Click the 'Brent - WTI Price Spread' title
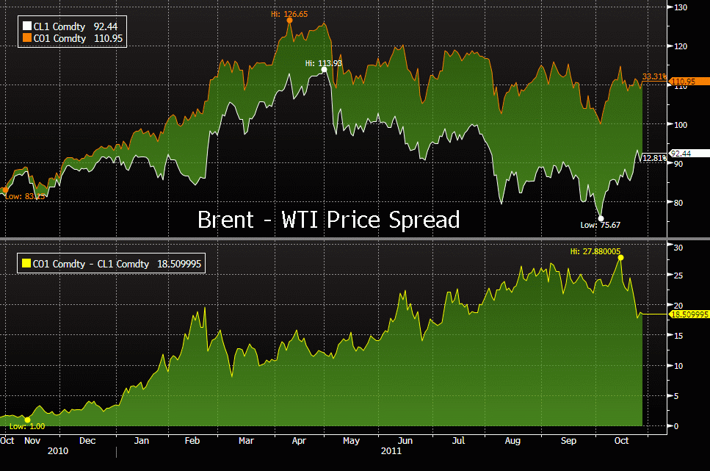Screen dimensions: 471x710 click(x=328, y=220)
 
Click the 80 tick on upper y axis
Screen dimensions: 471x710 click(x=678, y=203)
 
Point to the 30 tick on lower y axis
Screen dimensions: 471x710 click(x=678, y=248)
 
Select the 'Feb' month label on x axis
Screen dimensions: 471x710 click(x=192, y=441)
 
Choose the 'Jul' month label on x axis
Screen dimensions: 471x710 click(x=458, y=441)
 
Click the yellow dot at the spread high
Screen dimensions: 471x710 click(x=620, y=258)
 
